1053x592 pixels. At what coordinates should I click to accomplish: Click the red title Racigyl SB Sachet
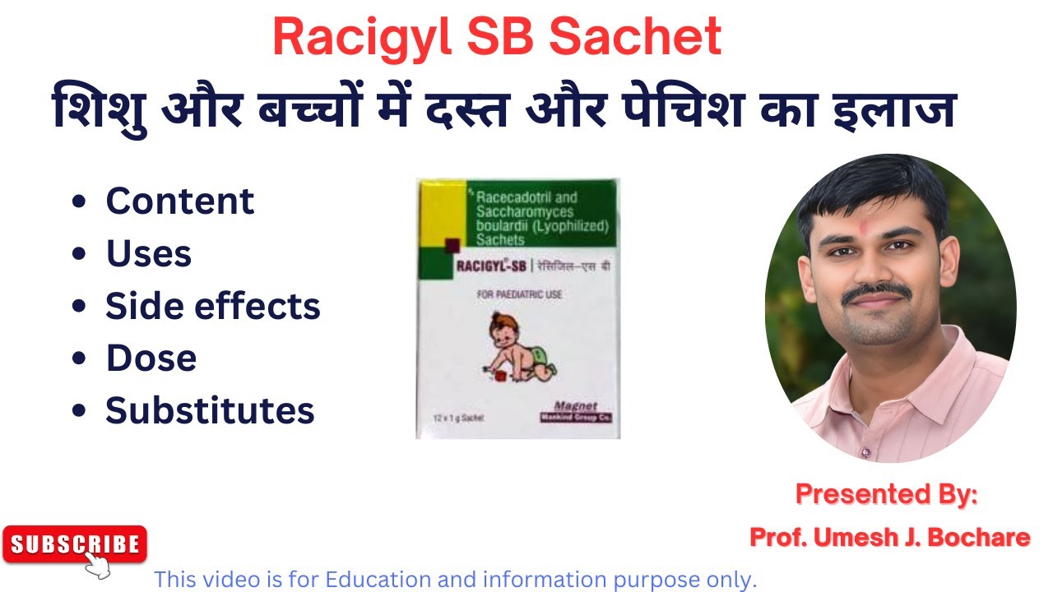click(497, 37)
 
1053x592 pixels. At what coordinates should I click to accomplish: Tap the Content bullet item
click(179, 201)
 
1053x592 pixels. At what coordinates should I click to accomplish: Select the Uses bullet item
click(148, 254)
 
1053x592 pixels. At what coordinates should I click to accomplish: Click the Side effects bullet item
click(212, 306)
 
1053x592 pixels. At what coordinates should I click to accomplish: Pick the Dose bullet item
click(151, 358)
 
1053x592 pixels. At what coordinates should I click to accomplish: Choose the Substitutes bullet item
click(210, 410)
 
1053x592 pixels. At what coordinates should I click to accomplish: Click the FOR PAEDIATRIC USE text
click(518, 294)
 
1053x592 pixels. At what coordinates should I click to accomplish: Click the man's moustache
click(879, 292)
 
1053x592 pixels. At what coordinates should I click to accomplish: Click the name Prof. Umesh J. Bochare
click(889, 538)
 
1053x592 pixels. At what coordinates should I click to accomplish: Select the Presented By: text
click(887, 494)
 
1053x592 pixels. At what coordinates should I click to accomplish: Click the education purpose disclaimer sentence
click(455, 580)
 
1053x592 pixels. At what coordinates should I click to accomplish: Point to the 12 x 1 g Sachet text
click(459, 419)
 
